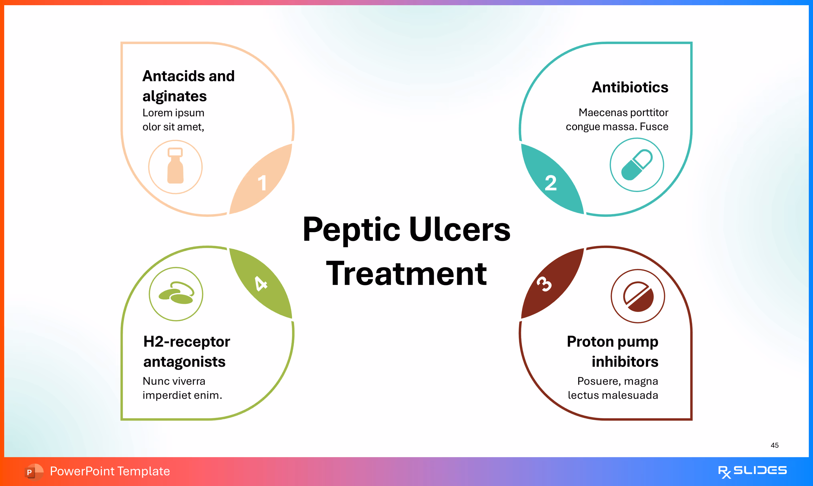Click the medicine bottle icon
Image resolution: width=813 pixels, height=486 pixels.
tap(175, 166)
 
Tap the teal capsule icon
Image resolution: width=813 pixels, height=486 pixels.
tap(637, 165)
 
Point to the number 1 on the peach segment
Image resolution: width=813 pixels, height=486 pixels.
tap(262, 183)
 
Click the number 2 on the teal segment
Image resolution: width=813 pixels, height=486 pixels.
tap(551, 183)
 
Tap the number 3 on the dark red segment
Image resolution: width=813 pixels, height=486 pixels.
tap(544, 284)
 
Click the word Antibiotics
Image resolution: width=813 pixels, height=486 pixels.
tap(630, 87)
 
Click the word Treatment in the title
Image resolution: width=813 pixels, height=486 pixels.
tap(406, 274)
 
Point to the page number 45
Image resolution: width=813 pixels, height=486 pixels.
tap(775, 445)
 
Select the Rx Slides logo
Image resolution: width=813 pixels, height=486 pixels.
tap(752, 471)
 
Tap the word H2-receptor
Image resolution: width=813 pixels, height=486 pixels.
tap(187, 342)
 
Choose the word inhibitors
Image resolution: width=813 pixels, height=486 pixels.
tap(625, 362)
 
